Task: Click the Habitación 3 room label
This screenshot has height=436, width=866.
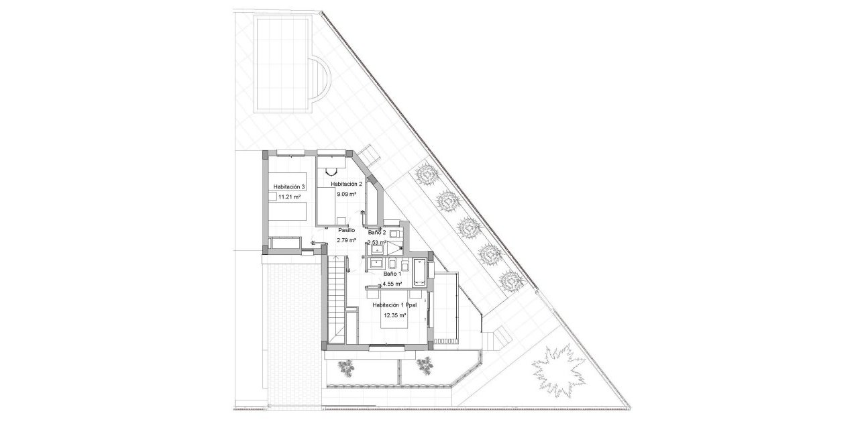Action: pos(289,186)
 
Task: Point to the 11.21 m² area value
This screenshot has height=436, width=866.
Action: pos(289,197)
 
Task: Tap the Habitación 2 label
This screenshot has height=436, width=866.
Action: pos(346,184)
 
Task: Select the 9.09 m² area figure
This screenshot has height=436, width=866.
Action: pos(346,195)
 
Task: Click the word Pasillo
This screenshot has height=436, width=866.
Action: pos(346,229)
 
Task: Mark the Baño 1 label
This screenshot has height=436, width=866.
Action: pos(392,274)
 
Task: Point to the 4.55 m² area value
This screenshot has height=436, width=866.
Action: pos(392,284)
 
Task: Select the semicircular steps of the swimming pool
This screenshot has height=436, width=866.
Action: pos(321,77)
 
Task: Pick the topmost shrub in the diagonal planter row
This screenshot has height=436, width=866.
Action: pos(427,176)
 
